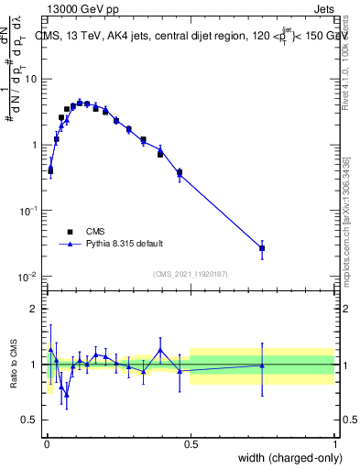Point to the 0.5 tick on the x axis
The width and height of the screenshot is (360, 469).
191,442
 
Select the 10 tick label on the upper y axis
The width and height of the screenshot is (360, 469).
30,79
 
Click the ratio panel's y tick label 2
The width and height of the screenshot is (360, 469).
35,309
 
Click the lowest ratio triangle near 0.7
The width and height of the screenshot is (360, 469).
67,397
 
